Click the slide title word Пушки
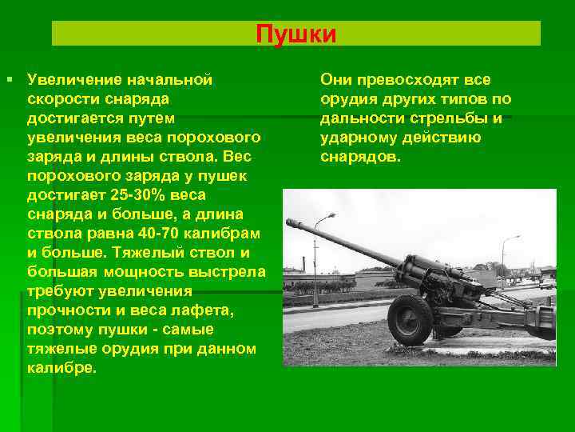pyautogui.click(x=296, y=35)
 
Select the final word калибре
pyautogui.click(x=60, y=370)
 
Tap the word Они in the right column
pyautogui.click(x=336, y=80)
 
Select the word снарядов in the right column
pyautogui.click(x=359, y=157)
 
